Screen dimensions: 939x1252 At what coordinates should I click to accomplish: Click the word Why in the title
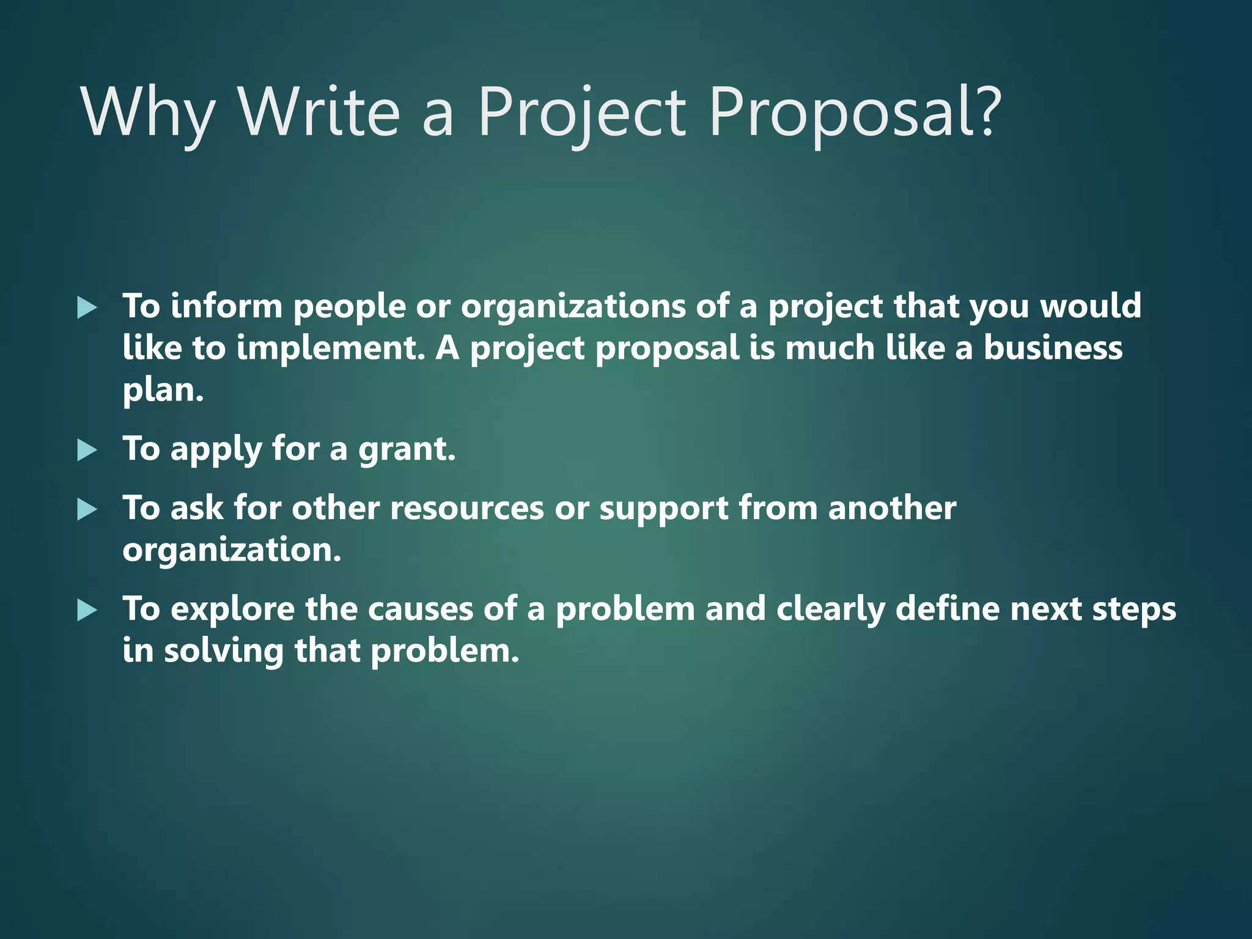click(x=147, y=113)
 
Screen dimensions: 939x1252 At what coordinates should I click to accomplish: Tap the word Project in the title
click(x=581, y=113)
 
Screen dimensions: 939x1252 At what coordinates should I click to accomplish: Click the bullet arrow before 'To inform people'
click(x=87, y=307)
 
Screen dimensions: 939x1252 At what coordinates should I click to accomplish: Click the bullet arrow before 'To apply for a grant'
click(x=87, y=451)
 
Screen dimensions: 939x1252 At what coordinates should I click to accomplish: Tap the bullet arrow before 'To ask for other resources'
click(x=87, y=510)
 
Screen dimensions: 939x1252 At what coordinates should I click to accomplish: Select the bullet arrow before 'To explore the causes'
click(x=87, y=611)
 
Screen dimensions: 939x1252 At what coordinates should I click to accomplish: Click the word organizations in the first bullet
click(x=573, y=307)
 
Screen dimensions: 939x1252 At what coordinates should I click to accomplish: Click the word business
click(x=1053, y=348)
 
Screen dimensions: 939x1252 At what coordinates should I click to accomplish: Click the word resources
click(x=466, y=509)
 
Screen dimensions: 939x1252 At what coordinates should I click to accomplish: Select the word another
click(x=892, y=509)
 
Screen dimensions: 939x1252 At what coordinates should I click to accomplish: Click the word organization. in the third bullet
click(x=232, y=550)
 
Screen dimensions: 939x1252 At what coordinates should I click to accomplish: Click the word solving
click(x=224, y=651)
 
